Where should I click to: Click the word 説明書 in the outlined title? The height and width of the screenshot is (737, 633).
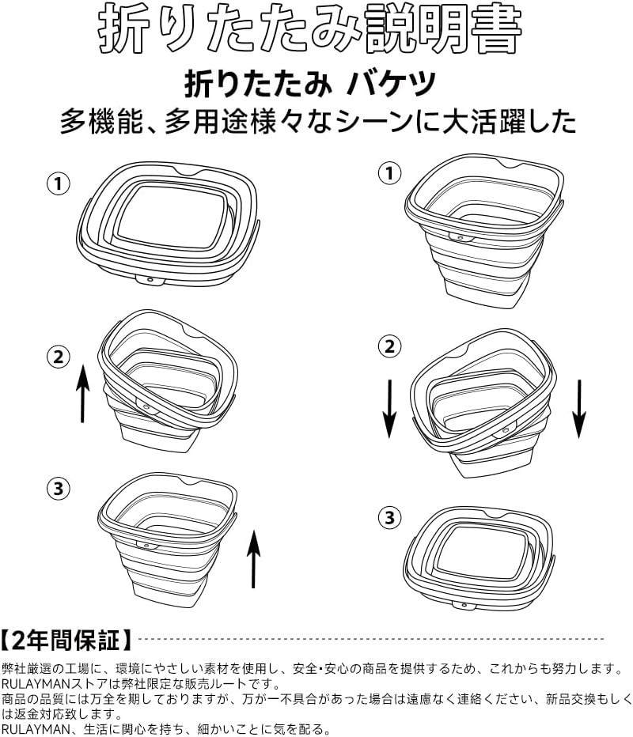click(443, 28)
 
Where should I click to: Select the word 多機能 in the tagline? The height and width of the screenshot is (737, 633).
click(100, 122)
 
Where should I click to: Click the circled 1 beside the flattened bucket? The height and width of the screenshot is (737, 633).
click(59, 183)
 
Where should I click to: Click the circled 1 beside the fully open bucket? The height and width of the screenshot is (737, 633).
click(389, 174)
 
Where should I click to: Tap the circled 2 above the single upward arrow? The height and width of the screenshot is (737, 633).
click(59, 357)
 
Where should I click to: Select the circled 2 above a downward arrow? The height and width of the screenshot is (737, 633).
click(389, 347)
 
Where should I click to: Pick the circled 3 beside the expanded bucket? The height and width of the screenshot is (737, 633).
click(59, 489)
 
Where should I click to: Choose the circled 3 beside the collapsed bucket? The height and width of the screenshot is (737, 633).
click(389, 517)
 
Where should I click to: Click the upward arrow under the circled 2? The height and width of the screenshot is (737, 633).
click(83, 394)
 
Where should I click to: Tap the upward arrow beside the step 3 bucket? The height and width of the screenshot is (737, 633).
click(253, 559)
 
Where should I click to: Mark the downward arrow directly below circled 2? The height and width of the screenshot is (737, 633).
click(389, 409)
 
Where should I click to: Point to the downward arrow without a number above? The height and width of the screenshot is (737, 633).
click(579, 409)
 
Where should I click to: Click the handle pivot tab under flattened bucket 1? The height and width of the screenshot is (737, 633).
click(150, 280)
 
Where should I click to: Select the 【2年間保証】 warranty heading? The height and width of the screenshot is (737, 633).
click(66, 640)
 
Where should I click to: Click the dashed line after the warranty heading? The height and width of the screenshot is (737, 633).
click(372, 639)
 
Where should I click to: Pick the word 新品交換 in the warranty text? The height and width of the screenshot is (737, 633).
click(570, 699)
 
